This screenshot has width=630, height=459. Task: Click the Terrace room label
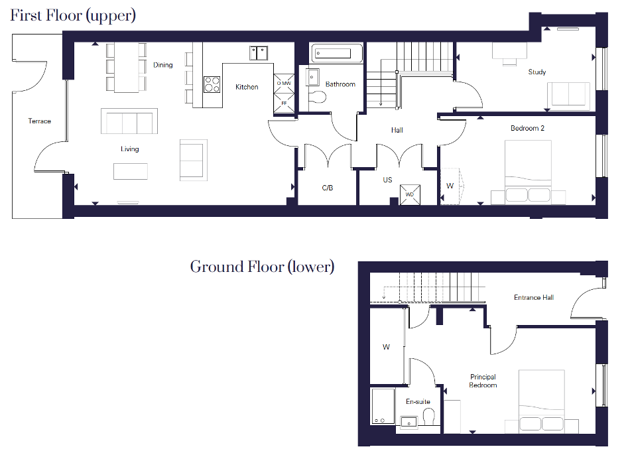[39, 121]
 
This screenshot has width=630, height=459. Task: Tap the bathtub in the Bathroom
[337, 54]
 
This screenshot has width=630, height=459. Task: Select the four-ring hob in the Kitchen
[212, 84]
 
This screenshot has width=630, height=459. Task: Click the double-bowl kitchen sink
[259, 53]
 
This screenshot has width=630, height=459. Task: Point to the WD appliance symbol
[410, 194]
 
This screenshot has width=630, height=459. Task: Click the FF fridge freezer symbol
[284, 103]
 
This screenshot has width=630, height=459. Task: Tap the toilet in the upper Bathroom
[318, 97]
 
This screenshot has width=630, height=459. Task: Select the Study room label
[536, 72]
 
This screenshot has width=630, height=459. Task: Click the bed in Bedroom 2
[528, 172]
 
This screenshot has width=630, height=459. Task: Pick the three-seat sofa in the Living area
[129, 121]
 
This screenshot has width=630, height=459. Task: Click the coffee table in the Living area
[131, 171]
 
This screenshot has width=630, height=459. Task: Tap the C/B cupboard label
[328, 188]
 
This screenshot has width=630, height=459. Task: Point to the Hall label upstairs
[397, 130]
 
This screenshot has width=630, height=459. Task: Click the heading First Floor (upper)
[73, 16]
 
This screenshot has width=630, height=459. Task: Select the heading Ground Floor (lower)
[262, 267]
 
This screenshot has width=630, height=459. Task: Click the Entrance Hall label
[534, 297]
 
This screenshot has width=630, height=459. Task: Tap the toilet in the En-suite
[428, 417]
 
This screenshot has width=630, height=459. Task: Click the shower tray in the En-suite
[383, 406]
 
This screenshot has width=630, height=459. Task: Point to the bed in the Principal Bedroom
[542, 401]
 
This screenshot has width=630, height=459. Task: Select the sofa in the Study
[568, 94]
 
